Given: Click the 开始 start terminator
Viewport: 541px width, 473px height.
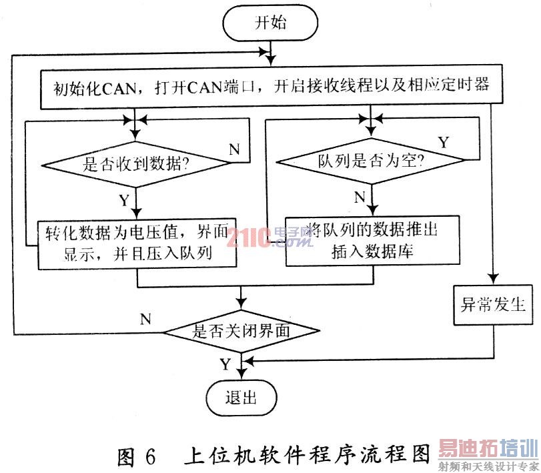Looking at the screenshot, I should tap(271, 23).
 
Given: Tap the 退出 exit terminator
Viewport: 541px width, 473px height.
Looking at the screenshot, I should tap(241, 399).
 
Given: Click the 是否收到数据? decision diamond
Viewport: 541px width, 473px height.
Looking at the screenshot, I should tap(136, 165).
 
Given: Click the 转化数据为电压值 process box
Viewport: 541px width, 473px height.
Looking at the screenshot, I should tap(137, 243).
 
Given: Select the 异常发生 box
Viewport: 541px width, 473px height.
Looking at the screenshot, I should tap(494, 308).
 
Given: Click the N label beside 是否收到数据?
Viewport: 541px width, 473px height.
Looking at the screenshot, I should tap(234, 149).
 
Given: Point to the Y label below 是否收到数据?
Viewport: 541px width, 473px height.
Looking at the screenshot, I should tap(123, 199).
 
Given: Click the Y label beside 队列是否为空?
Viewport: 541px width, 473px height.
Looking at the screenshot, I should tap(442, 141).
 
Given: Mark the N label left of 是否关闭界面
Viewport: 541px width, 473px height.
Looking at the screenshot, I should tap(145, 318).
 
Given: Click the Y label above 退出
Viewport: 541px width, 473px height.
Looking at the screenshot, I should tap(225, 364).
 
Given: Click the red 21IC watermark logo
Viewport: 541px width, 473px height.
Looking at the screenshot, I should tap(247, 239).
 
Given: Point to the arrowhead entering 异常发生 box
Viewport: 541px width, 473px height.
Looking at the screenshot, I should tap(494, 282).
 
